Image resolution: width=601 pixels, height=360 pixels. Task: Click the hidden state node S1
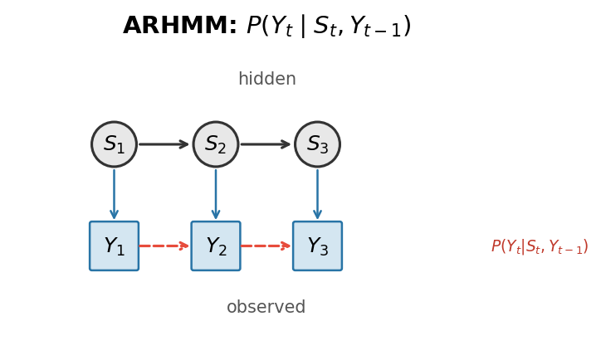coord(114,144)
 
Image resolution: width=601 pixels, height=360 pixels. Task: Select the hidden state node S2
coord(216,144)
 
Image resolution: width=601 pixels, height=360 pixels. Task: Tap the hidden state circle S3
coord(317,144)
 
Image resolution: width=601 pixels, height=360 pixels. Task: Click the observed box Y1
coord(114,246)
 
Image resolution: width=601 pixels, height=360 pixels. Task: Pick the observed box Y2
coord(216,246)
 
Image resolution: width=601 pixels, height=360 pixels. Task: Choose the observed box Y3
coord(317,246)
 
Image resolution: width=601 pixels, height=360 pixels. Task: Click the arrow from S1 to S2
coord(164,144)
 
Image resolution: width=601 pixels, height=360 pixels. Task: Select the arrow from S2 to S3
coord(266,144)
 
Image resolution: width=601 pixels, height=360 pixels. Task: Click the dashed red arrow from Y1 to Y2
coord(164,246)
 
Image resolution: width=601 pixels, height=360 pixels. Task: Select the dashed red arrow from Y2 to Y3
coord(266,246)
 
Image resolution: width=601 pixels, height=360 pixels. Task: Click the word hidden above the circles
coord(266,80)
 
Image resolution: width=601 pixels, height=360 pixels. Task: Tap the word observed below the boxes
coord(266,308)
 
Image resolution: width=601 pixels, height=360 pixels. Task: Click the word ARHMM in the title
coord(179,27)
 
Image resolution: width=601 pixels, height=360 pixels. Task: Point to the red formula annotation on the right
coord(539,246)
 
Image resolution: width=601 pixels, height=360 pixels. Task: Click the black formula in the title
coord(329,27)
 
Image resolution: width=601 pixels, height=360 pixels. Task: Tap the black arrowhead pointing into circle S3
coord(286,144)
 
